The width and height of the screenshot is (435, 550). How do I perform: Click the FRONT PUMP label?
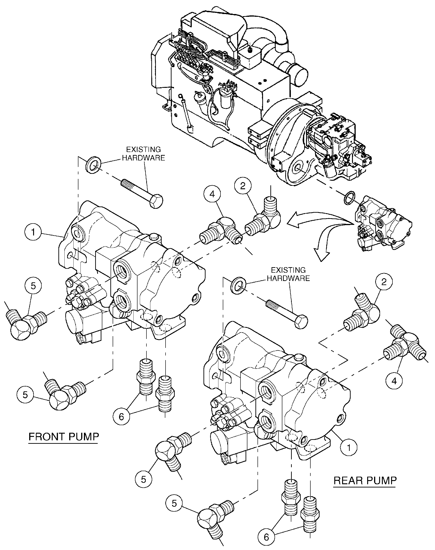(x=64, y=437)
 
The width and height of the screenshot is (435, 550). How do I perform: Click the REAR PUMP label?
(x=365, y=481)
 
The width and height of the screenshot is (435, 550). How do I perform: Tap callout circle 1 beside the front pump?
(x=33, y=232)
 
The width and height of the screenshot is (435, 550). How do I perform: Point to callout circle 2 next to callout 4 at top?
(x=243, y=186)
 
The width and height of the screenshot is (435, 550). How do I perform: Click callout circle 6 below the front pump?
(x=121, y=417)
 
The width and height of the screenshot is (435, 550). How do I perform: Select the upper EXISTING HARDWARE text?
(x=143, y=154)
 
